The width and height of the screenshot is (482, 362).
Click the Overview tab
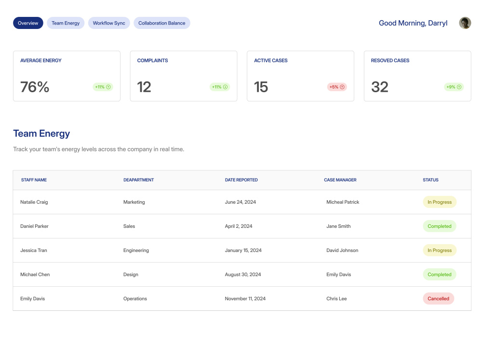(x=28, y=23)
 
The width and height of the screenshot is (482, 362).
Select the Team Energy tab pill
(x=66, y=23)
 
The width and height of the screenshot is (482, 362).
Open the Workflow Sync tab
(x=109, y=23)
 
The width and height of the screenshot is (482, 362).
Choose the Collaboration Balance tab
(x=161, y=23)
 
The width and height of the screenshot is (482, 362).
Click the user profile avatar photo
(x=465, y=23)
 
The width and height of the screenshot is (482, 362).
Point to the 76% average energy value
(x=35, y=87)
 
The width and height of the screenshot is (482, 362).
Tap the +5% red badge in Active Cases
(x=337, y=87)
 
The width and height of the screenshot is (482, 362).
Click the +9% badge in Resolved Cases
(x=454, y=87)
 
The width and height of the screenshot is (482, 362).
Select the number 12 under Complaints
(x=144, y=87)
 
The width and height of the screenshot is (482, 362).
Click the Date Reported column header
(x=241, y=180)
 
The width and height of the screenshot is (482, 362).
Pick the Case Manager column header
(x=340, y=180)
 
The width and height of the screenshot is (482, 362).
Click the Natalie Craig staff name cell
(x=34, y=202)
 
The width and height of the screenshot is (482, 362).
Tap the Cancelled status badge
(x=438, y=299)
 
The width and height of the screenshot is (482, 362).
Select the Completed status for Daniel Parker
(x=440, y=226)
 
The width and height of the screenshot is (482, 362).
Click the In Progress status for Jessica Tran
(x=440, y=250)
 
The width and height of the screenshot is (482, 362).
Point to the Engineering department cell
(x=136, y=251)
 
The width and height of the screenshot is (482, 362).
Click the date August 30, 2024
(x=243, y=275)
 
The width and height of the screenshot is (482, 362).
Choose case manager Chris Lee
(x=336, y=299)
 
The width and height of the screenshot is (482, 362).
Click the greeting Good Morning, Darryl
(x=413, y=23)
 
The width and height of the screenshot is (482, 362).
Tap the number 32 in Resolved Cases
(x=380, y=87)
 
